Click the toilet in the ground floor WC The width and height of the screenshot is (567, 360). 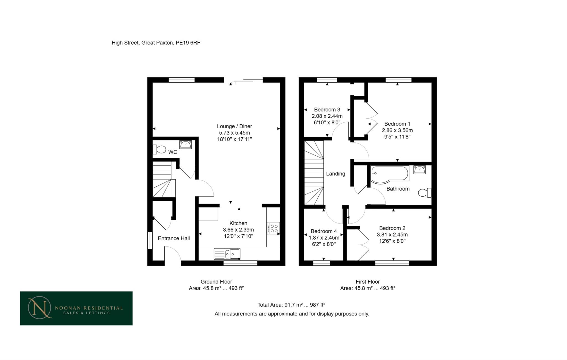point(159,150)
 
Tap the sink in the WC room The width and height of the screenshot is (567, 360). point(185,144)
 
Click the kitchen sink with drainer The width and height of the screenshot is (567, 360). point(227,254)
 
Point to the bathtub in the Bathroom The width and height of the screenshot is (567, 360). point(390,174)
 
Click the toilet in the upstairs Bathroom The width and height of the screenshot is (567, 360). point(424,192)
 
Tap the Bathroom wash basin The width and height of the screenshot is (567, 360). point(419,169)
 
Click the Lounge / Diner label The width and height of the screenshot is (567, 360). point(234,126)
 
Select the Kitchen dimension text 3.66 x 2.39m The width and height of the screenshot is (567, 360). point(238,230)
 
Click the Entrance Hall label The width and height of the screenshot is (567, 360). point(174,238)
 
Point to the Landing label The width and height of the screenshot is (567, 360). point(336,174)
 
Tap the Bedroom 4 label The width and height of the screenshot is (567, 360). point(324,231)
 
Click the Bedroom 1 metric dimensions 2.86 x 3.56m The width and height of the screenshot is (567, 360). point(397,130)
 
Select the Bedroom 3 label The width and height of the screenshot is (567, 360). point(327,110)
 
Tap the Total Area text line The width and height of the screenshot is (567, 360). point(291,305)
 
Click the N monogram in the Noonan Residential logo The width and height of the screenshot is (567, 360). point(39,308)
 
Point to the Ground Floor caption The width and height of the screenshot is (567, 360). point(216,282)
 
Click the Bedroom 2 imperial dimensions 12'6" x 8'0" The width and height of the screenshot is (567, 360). point(392,241)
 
